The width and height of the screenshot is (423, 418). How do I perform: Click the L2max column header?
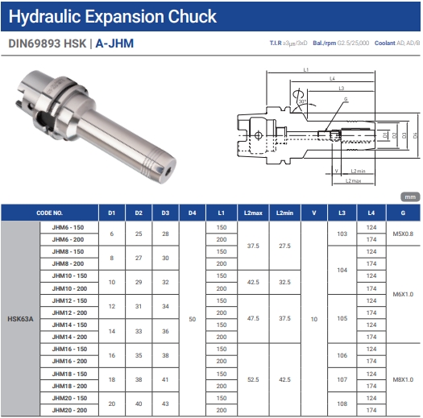pyautogui.click(x=253, y=213)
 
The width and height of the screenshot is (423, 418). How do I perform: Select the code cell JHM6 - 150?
pyautogui.click(x=68, y=227)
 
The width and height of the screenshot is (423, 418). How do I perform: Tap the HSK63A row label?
pyautogui.click(x=20, y=319)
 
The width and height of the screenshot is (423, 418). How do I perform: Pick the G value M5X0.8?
pyautogui.click(x=403, y=234)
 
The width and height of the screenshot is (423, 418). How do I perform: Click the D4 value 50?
pyautogui.click(x=192, y=319)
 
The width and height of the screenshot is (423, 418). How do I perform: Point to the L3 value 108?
pyautogui.click(x=342, y=404)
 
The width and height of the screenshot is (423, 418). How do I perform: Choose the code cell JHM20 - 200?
pyautogui.click(x=69, y=410)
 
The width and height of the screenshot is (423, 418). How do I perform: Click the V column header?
pyautogui.click(x=314, y=213)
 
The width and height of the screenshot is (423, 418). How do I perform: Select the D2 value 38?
pyautogui.click(x=139, y=379)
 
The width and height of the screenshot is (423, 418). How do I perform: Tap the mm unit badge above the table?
pyautogui.click(x=410, y=197)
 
